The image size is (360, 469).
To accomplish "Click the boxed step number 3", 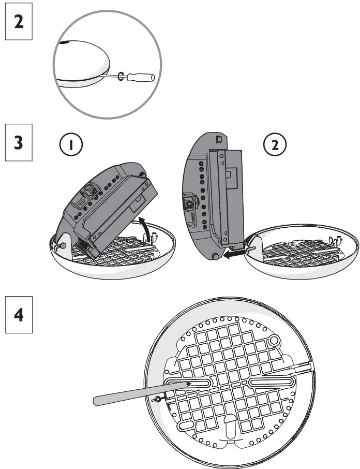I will click(x=18, y=142).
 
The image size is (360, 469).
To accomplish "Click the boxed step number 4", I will click(x=18, y=314).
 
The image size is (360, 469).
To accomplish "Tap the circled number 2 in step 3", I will click(x=274, y=145).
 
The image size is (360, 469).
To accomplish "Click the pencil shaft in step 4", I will click(x=134, y=392).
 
